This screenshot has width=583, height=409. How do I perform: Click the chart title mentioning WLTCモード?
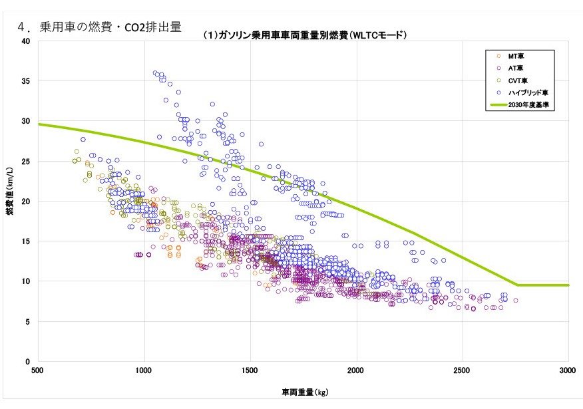[x=304, y=35]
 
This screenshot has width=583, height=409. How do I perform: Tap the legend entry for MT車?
[x=514, y=56]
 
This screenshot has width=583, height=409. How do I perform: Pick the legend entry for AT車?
[x=514, y=68]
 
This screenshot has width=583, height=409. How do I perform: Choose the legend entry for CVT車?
[x=515, y=80]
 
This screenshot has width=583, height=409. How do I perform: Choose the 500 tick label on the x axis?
[x=38, y=370]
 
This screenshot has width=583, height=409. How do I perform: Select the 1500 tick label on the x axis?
[x=250, y=370]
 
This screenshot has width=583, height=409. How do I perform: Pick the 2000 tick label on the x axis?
[x=356, y=370]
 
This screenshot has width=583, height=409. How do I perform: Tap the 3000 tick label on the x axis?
[x=568, y=370]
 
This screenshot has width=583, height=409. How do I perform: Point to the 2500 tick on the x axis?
[x=463, y=370]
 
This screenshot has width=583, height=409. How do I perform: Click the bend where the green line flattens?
[x=516, y=285]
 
